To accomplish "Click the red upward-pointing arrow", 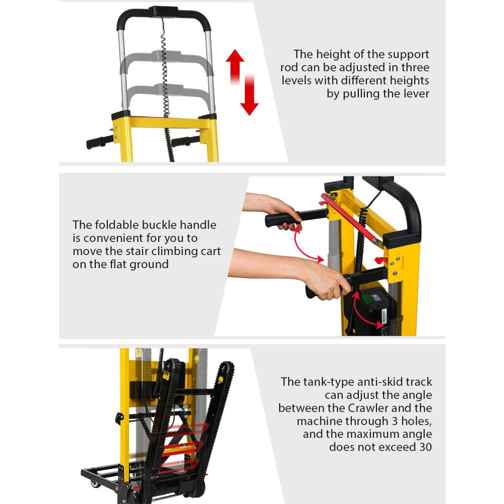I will click(x=235, y=66).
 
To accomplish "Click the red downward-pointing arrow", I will click(x=249, y=96).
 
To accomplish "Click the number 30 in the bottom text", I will click(x=424, y=447).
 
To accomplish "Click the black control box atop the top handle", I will click(x=163, y=11).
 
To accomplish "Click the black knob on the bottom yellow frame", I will click(x=119, y=418).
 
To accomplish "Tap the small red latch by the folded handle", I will click(x=381, y=260).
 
